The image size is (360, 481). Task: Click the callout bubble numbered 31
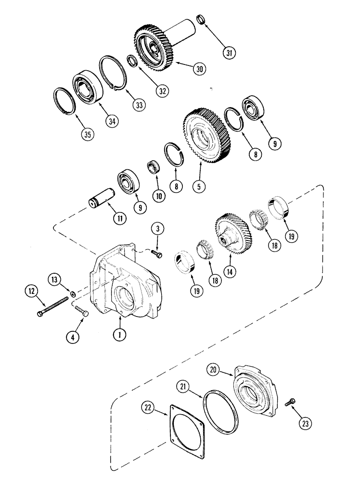(229, 51)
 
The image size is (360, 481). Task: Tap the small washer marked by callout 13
(72, 293)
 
